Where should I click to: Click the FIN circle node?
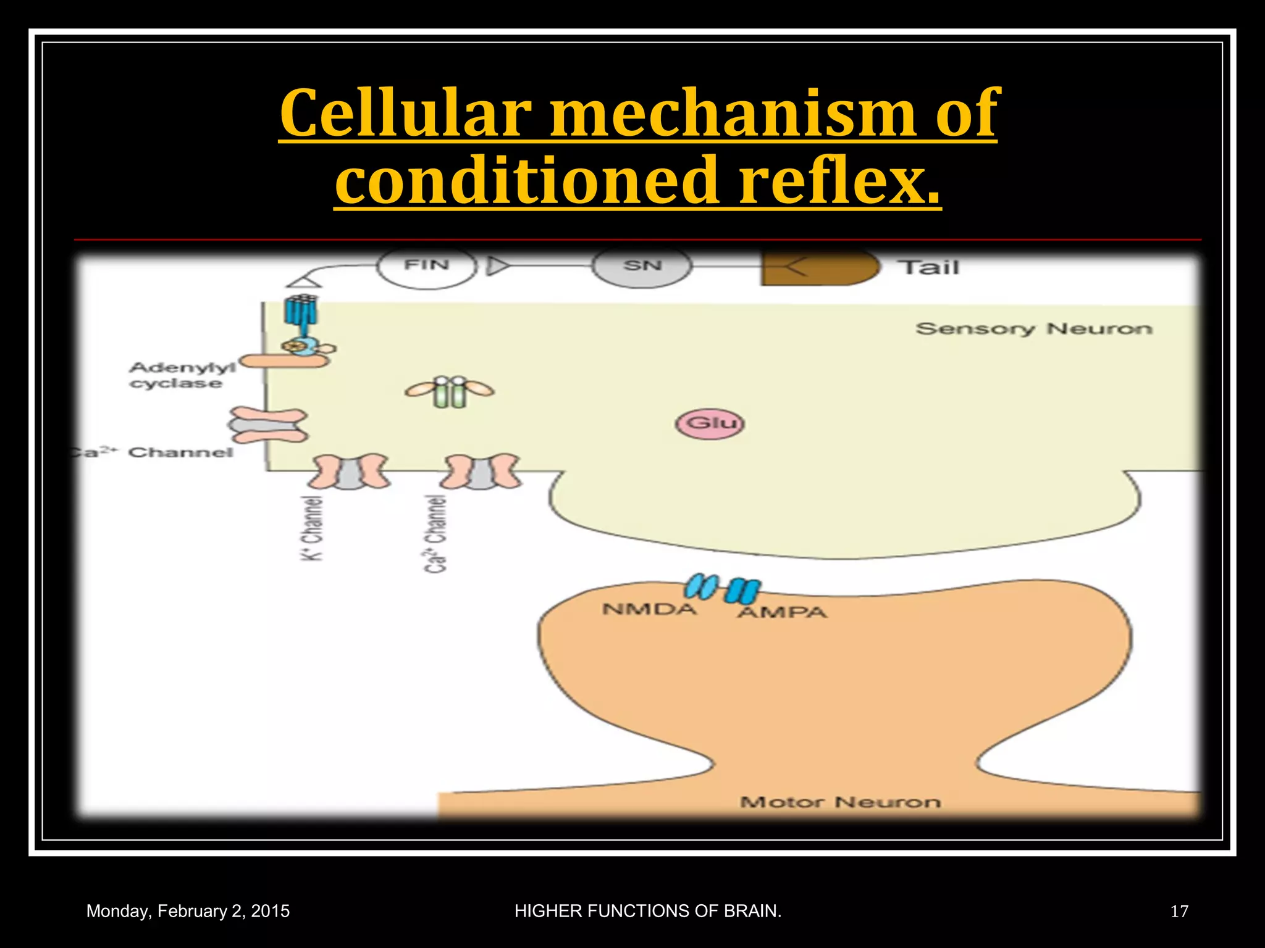pos(426,267)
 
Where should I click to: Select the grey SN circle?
pos(642,267)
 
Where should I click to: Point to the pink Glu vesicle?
pos(710,424)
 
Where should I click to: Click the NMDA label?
pos(649,610)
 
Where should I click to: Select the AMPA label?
pos(782,613)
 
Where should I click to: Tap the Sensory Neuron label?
pos(1033,329)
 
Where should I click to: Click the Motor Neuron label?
pos(840,802)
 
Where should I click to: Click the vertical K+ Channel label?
pos(313,528)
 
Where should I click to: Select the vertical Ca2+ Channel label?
pos(435,534)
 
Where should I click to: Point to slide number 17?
pos(1179,912)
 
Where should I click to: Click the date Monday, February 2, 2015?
pos(188,912)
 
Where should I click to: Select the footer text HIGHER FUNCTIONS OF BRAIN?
pos(648,912)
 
